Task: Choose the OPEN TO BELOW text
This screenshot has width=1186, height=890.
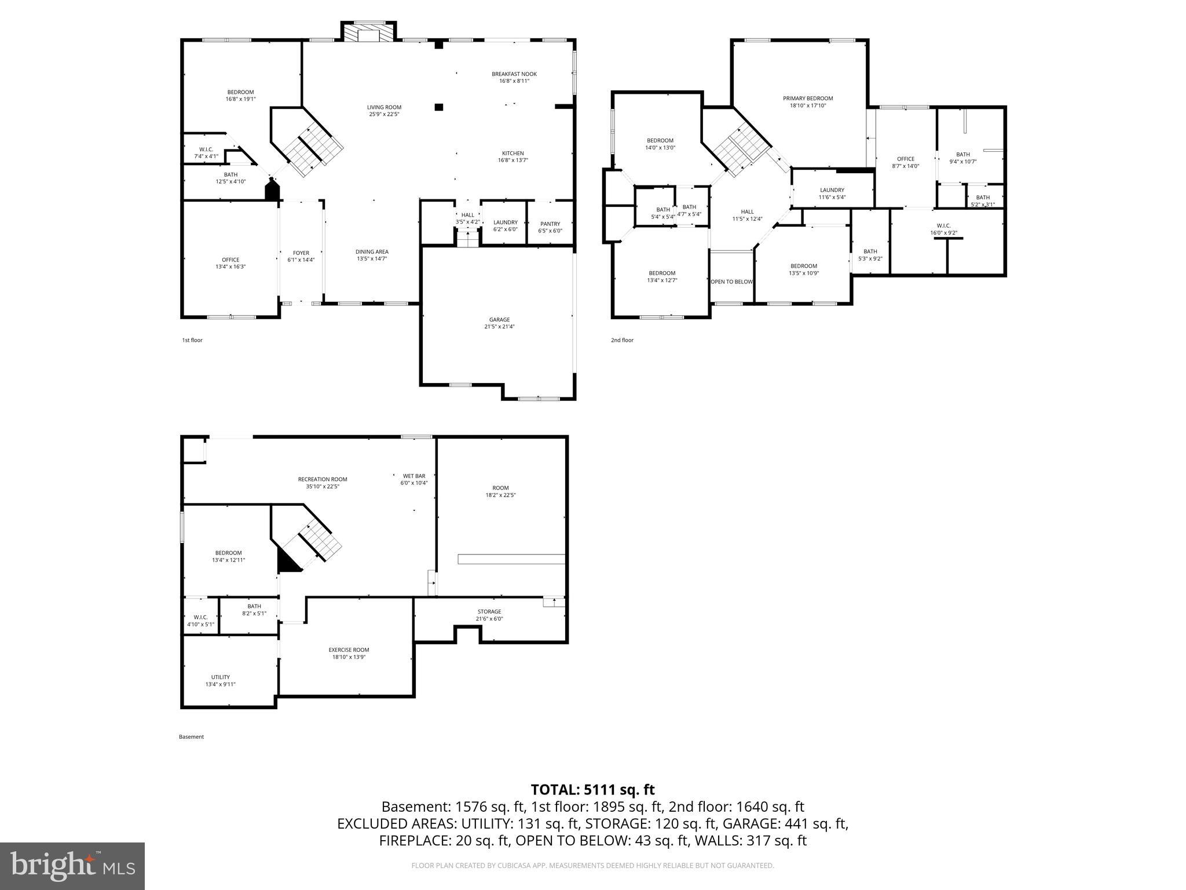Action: click(x=731, y=282)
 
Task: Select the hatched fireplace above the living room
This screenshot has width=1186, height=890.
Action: click(x=367, y=32)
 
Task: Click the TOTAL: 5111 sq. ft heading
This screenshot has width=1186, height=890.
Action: click(x=592, y=789)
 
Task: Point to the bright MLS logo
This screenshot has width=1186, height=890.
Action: click(x=72, y=866)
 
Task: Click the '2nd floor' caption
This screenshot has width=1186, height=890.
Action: click(x=622, y=340)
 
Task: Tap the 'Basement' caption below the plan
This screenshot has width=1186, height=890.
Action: click(x=191, y=737)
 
